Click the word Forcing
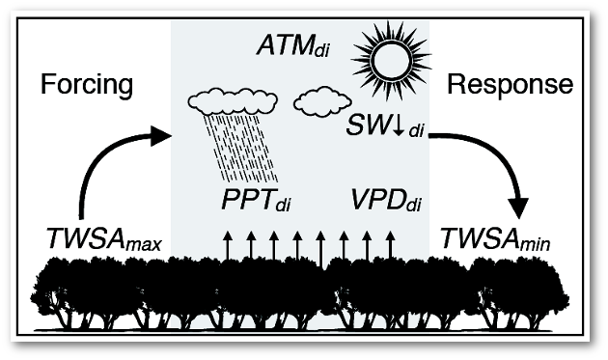pyautogui.click(x=86, y=85)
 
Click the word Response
pyautogui.click(x=511, y=85)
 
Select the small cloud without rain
pyautogui.click(x=321, y=101)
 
